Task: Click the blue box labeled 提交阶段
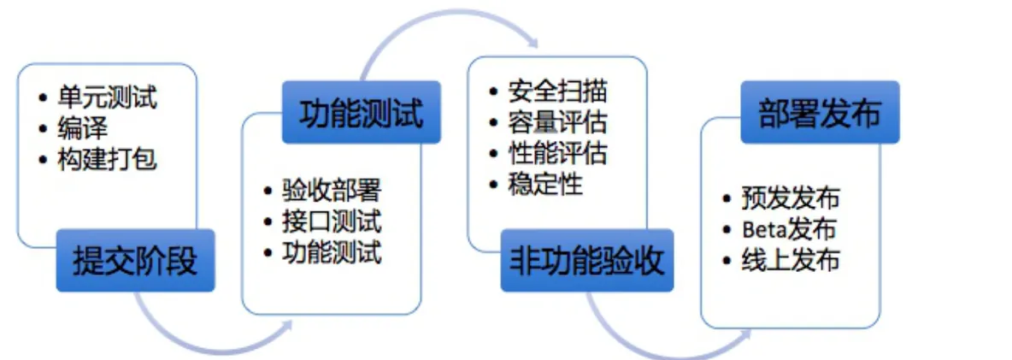click(135, 261)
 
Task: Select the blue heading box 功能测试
click(362, 112)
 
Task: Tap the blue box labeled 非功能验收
click(587, 261)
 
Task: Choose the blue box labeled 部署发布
click(820, 112)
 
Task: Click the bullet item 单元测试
click(107, 97)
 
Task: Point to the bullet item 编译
click(82, 127)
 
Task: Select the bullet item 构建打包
click(107, 158)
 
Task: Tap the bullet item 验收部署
click(332, 190)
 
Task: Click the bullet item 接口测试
click(332, 221)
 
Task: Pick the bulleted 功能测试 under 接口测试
click(332, 251)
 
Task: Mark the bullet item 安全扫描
click(557, 91)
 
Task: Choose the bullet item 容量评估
click(557, 122)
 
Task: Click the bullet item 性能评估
click(557, 153)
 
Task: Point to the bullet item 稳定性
click(545, 184)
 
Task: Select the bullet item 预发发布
click(791, 198)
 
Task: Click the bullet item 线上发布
click(791, 261)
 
